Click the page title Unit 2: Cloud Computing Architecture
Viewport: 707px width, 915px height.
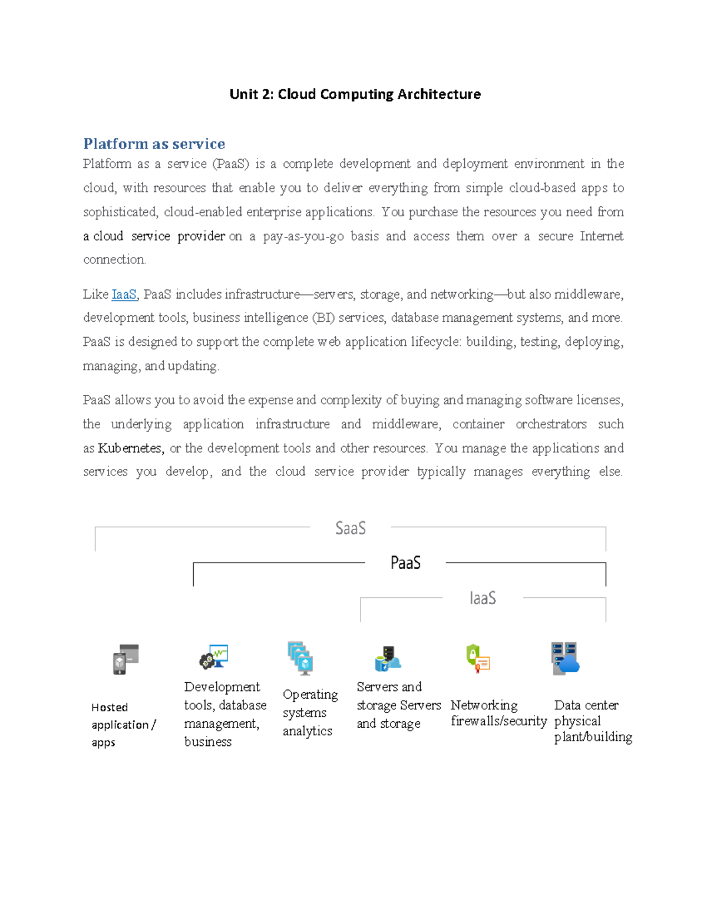(355, 94)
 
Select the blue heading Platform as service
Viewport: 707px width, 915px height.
(154, 144)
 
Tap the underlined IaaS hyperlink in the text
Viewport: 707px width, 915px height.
(124, 294)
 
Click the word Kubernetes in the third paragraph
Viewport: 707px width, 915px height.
(130, 448)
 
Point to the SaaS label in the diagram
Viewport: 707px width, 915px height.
(351, 528)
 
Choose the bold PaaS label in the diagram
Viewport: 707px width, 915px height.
(405, 563)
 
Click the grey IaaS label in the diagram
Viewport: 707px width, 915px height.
(483, 598)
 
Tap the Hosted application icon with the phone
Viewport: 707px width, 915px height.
(125, 659)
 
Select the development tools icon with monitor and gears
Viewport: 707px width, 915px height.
(214, 657)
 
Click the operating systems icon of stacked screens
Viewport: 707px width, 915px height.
(300, 658)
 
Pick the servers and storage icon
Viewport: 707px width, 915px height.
(388, 659)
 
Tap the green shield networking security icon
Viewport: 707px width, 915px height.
(477, 658)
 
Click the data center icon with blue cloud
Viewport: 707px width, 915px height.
(565, 658)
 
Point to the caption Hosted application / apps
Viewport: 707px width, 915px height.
(123, 725)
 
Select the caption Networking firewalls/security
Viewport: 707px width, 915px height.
(498, 713)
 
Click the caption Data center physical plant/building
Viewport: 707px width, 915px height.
(592, 721)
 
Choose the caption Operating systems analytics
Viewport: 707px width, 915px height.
(310, 712)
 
